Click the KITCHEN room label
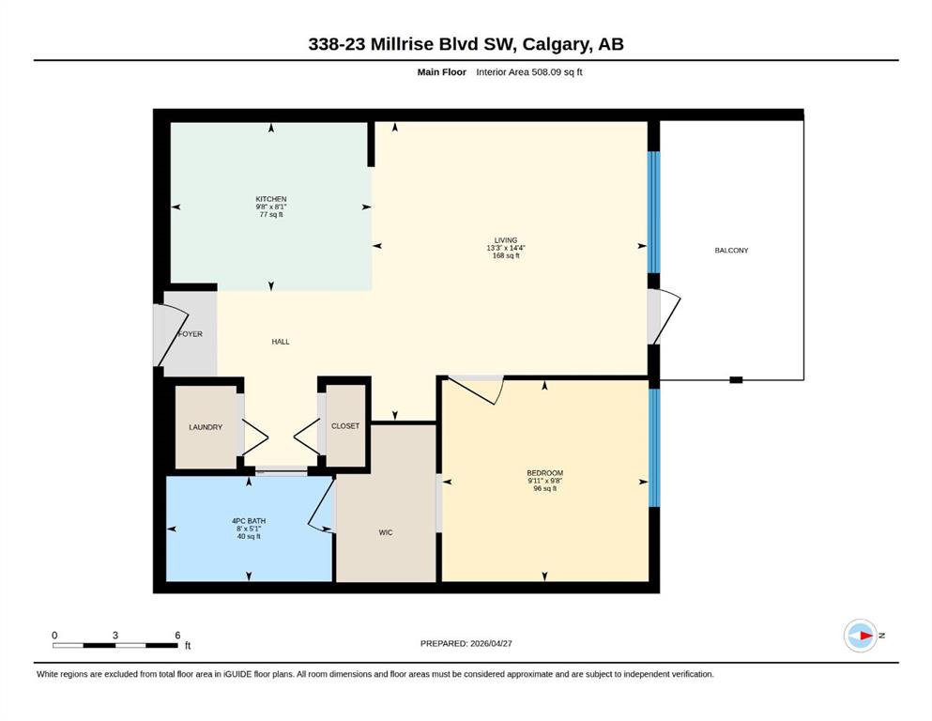(271, 199)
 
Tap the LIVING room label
(506, 240)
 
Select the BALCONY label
(731, 251)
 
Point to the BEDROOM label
(544, 473)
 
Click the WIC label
(386, 532)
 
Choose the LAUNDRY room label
(206, 427)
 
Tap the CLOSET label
(345, 426)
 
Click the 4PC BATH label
(249, 521)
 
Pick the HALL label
(281, 342)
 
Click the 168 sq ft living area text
(506, 255)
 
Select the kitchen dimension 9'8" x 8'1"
(271, 207)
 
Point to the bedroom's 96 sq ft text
(544, 488)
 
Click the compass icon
(861, 636)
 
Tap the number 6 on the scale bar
(177, 636)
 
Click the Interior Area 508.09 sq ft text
(529, 72)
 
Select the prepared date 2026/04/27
(491, 643)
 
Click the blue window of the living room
(653, 212)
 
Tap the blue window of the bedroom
(654, 448)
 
